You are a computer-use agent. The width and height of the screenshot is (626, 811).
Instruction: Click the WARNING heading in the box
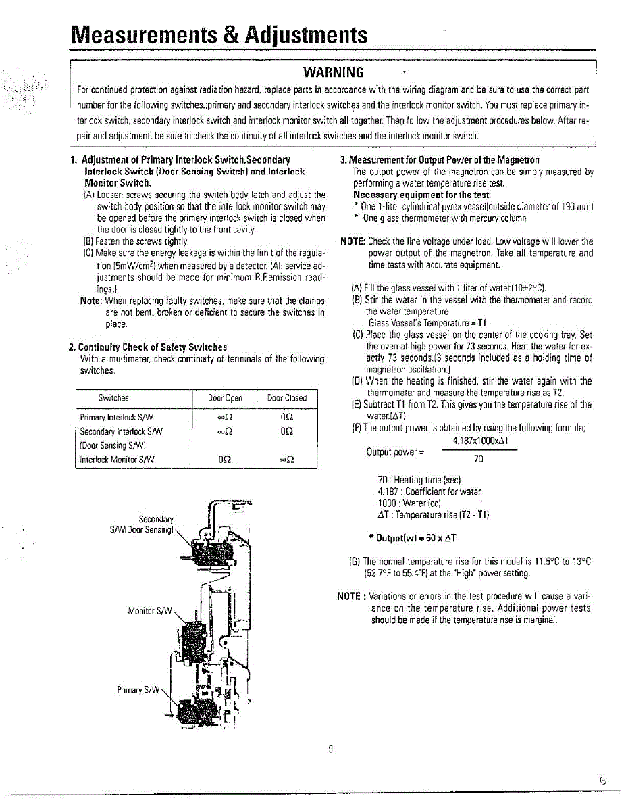click(x=334, y=72)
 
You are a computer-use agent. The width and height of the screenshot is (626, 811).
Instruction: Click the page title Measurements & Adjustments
click(x=220, y=34)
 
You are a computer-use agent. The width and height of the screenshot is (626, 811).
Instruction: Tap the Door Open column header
click(x=226, y=398)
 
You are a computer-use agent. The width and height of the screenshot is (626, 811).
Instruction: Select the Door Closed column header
click(x=286, y=398)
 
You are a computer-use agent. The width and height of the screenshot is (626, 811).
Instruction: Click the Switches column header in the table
click(x=113, y=398)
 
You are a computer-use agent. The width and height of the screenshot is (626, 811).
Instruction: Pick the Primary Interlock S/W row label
click(x=117, y=417)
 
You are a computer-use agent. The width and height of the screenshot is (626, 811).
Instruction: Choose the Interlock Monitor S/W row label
click(x=117, y=460)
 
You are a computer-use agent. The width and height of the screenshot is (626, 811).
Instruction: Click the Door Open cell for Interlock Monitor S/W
click(x=226, y=460)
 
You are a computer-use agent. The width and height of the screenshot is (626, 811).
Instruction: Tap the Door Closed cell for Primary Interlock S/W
click(x=286, y=417)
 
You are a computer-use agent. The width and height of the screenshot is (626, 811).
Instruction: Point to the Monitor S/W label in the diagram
click(x=151, y=612)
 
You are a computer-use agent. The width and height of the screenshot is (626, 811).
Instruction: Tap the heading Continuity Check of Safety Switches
click(x=148, y=347)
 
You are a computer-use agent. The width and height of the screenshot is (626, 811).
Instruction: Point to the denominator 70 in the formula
click(x=479, y=459)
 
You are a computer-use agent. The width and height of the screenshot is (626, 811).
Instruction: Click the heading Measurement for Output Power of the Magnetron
click(x=440, y=160)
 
